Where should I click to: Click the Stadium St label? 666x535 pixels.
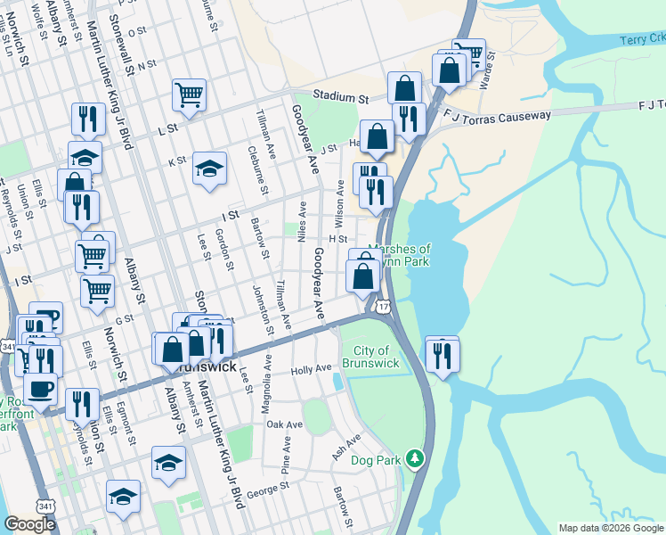click(338, 96)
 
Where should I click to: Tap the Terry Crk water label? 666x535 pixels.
click(643, 38)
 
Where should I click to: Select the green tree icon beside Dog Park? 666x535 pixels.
click(414, 458)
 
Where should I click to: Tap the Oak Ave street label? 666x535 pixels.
click(285, 424)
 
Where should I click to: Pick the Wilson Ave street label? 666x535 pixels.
click(339, 203)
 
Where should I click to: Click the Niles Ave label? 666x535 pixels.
click(302, 222)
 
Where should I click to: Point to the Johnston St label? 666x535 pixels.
click(257, 306)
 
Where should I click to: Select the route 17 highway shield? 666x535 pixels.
click(382, 307)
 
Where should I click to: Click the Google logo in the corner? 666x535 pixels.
click(29, 523)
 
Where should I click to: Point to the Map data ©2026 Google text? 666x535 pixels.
click(611, 528)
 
